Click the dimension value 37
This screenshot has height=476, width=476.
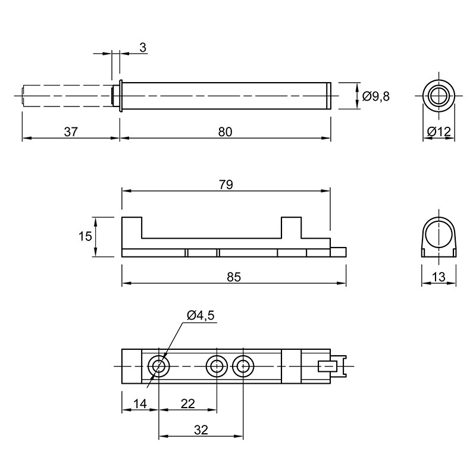point(71,132)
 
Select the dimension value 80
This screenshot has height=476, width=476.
point(225,132)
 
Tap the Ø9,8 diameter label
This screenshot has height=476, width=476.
point(376,96)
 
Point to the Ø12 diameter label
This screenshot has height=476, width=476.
point(439,131)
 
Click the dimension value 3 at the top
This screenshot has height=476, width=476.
point(143,48)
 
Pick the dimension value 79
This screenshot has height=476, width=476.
point(226,184)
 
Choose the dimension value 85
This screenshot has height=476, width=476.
point(234,277)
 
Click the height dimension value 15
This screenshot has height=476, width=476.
point(85,236)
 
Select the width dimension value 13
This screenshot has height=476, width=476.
point(439,277)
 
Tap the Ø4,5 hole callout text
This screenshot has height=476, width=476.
point(201,315)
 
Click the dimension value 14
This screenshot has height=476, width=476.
point(140,404)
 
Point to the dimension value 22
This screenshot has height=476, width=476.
point(187,404)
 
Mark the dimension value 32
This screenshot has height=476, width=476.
point(201,430)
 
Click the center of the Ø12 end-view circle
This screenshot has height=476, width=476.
point(439,96)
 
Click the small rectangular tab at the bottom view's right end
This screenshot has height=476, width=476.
point(327,367)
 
